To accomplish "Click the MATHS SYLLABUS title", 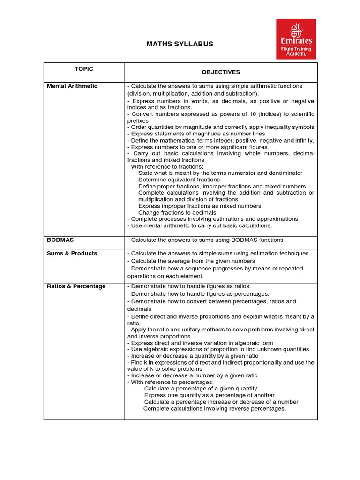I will pyautogui.click(x=180, y=44).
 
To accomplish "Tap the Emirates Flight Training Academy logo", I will pyautogui.click(x=296, y=39).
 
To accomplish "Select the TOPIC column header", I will pyautogui.click(x=84, y=69).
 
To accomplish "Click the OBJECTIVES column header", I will pyautogui.click(x=221, y=72).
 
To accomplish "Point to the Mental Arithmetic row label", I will pyautogui.click(x=72, y=86).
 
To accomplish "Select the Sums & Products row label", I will pyautogui.click(x=72, y=253).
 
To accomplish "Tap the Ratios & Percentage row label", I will pyautogui.click(x=76, y=286).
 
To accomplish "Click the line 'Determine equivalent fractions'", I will pyautogui.click(x=179, y=180).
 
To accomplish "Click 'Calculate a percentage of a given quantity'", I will pyautogui.click(x=201, y=389).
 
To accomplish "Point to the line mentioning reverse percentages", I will pyautogui.click(x=214, y=408).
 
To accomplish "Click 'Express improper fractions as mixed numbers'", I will pyautogui.click(x=200, y=206).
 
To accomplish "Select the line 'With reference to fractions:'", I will pyautogui.click(x=165, y=166).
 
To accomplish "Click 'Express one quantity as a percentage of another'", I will pyautogui.click(x=210, y=395).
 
